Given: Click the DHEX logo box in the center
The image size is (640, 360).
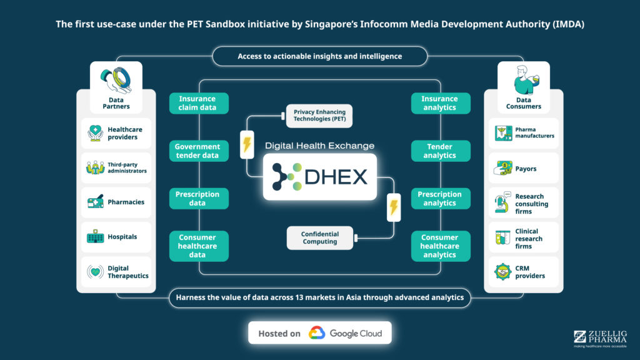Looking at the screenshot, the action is coord(319,177).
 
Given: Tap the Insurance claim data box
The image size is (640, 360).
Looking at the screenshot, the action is coord(199,103).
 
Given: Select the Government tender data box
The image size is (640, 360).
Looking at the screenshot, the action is coord(199,151).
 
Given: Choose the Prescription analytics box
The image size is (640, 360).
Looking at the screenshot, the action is coord(441,198).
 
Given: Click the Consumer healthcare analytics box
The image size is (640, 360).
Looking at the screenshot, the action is coord(441,246).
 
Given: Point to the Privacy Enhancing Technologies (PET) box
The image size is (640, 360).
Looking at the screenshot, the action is coord(319,116).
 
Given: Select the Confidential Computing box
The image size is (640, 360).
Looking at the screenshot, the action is coord(319,238).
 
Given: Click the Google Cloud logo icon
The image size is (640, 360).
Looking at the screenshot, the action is coord(317,333).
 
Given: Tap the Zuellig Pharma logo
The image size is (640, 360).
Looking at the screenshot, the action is coord(600,339).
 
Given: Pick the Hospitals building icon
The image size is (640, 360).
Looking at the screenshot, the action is coord(95,236).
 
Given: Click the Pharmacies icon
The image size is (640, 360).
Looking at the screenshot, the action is coord(95,202).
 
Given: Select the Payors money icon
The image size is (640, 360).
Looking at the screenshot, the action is coord(503,167).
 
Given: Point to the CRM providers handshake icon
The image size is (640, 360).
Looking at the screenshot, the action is coord(502,272).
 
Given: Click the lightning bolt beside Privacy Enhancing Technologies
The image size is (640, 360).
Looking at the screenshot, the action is coord(247,144).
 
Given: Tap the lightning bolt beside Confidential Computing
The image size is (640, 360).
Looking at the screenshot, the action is coord(394,207).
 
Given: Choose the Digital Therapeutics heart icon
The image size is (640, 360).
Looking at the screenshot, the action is coord(95,271).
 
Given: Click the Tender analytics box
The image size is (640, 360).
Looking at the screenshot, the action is coord(441,151).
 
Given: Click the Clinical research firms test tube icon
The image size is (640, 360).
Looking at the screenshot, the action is coord(502,237).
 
